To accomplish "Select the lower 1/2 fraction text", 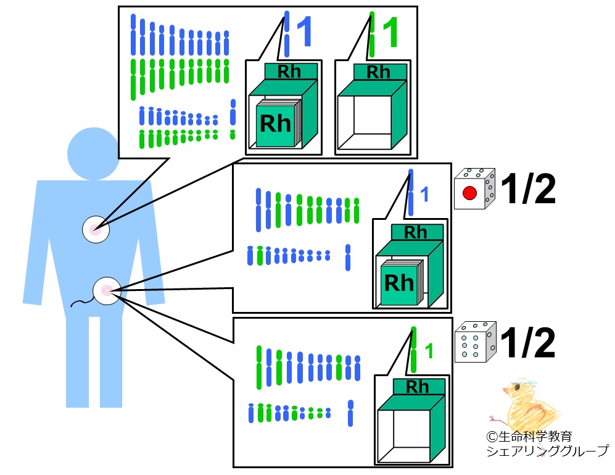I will tap(528, 343).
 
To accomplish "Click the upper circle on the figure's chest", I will tap(96, 230).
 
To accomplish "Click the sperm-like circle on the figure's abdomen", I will tap(106, 290).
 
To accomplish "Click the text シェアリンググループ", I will tap(547, 452).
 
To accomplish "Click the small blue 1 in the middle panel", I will tap(424, 195).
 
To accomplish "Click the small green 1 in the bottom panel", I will tap(429, 351).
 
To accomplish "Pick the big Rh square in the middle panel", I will tap(400, 283).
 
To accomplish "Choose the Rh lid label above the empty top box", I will tap(378, 72).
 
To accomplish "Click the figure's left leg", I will tap(76, 361).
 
